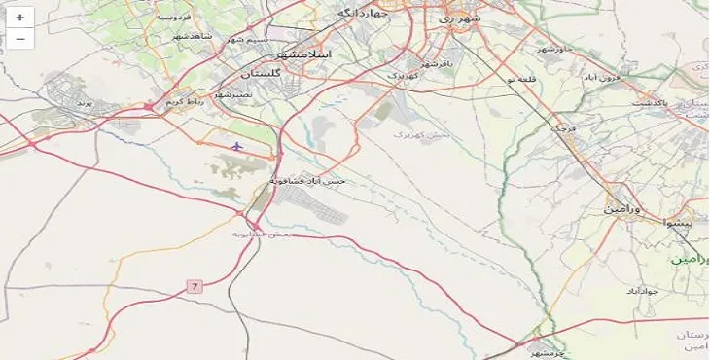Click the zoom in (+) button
pyautogui.click(x=19, y=18)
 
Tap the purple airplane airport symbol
pyautogui.click(x=237, y=146)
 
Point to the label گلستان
pyautogui.click(x=260, y=74)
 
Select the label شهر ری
pyautogui.click(x=458, y=18)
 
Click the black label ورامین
pyautogui.click(x=624, y=208)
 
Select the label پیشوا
pyautogui.click(x=679, y=223)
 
